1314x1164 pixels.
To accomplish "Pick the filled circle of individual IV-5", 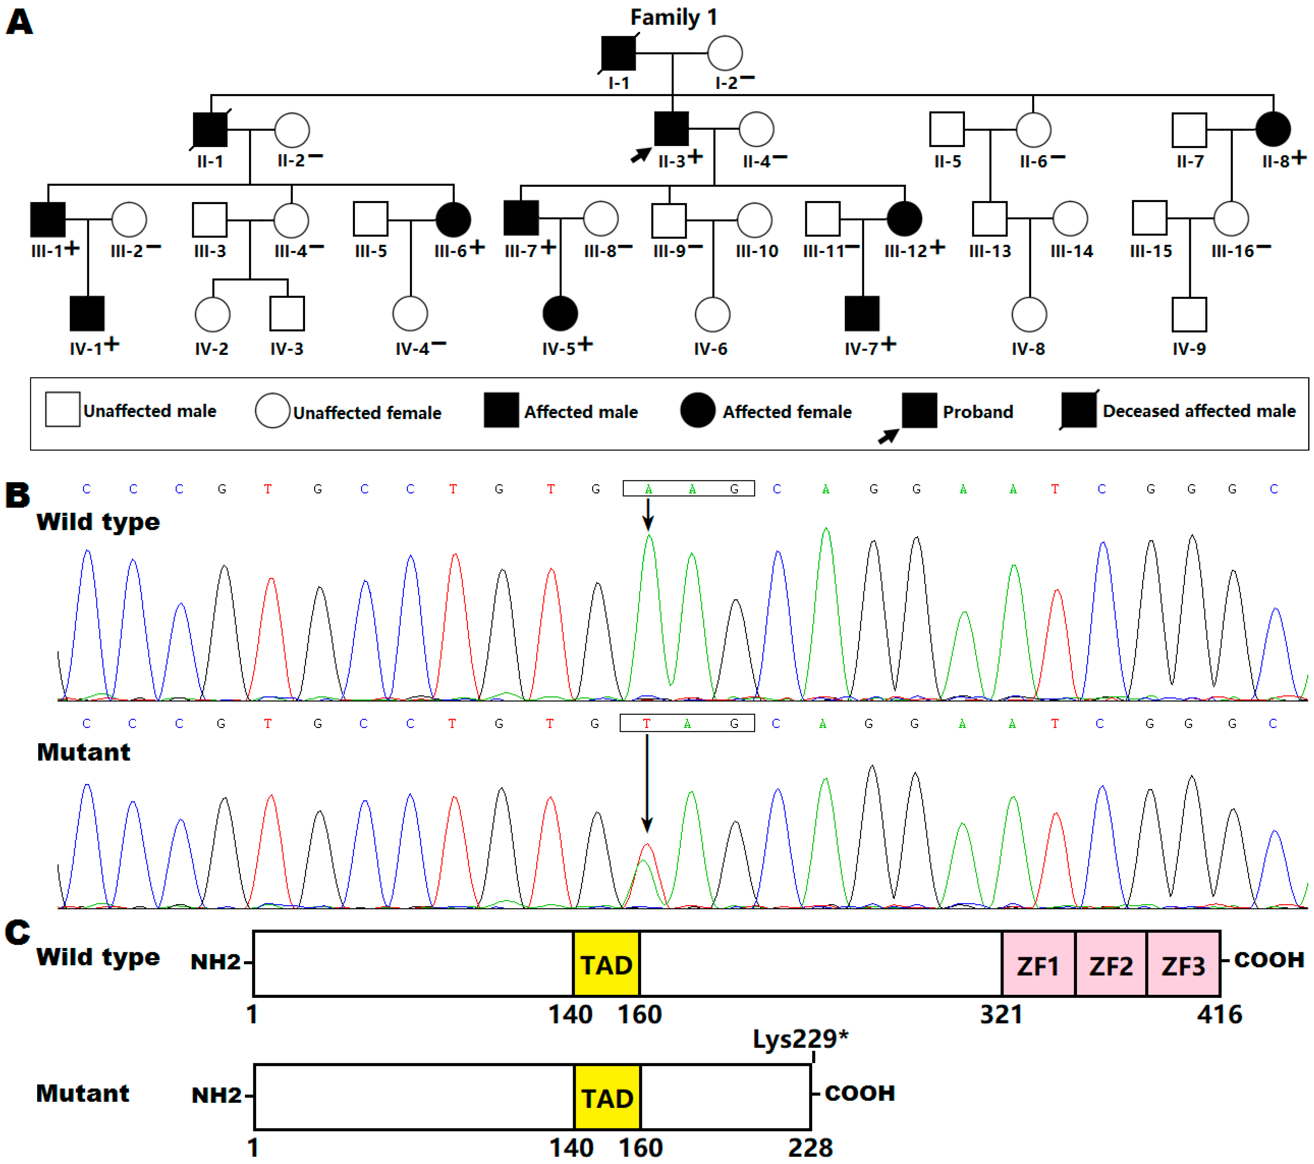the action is (x=560, y=314).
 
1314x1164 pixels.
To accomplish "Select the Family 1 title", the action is (x=673, y=17).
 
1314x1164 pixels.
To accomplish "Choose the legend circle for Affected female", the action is (x=697, y=411).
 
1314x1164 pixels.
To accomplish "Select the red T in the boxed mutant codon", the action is (x=646, y=724).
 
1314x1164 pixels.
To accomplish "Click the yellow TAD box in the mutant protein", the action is (x=607, y=1098).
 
